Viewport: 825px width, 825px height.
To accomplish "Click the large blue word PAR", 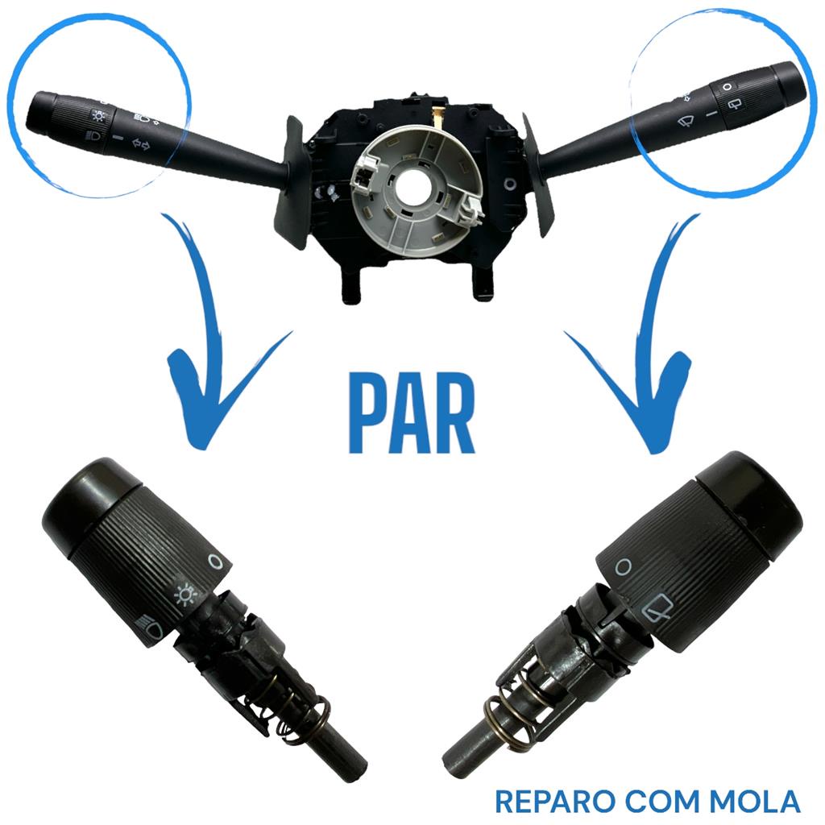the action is point(412,412).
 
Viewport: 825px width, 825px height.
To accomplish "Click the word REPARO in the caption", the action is point(556,802).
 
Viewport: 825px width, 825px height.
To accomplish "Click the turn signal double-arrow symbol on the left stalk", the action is point(140,143).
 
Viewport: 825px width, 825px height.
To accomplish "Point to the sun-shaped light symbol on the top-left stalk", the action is point(98,114).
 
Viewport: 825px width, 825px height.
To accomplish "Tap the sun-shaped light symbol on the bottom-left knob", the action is point(185,595).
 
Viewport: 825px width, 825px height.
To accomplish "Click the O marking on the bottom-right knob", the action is point(624,566).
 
